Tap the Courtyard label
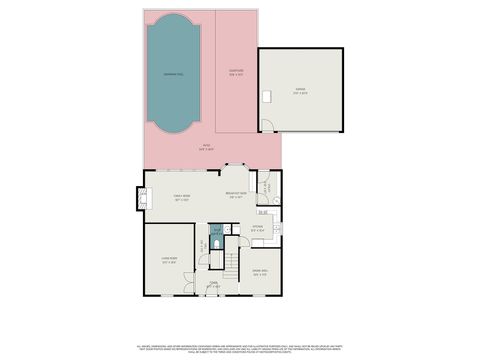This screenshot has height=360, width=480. (x=237, y=71)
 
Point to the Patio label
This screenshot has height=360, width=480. (x=206, y=148)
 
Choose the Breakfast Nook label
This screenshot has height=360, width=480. (x=236, y=197)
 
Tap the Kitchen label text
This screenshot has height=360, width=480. (x=257, y=229)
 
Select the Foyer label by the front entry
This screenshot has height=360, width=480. (x=213, y=285)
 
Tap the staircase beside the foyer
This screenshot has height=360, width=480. (x=231, y=266)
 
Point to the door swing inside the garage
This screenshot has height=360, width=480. (x=266, y=125)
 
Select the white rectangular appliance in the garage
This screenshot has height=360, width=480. (x=267, y=96)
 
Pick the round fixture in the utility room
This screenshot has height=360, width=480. (x=262, y=187)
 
